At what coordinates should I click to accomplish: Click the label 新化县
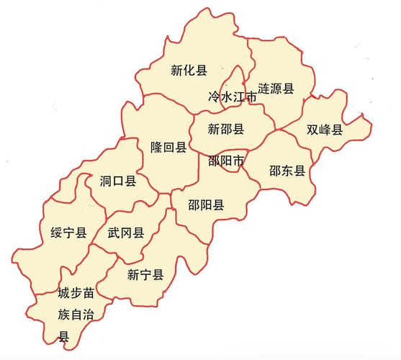click(189, 71)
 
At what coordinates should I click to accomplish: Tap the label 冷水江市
click(233, 96)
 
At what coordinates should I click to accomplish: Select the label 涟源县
click(276, 89)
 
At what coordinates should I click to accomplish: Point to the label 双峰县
click(325, 130)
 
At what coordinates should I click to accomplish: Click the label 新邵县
click(226, 130)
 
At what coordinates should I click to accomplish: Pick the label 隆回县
click(168, 148)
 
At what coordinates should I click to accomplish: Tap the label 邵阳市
click(225, 161)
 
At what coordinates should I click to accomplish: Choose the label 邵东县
click(287, 171)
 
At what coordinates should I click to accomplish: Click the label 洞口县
click(118, 181)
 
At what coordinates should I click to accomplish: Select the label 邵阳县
click(206, 204)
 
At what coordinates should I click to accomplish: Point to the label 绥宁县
click(69, 232)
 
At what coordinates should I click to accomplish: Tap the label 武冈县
click(126, 233)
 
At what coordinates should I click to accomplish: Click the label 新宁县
click(145, 274)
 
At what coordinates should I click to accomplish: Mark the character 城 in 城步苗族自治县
click(64, 294)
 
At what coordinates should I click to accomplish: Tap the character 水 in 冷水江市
click(226, 96)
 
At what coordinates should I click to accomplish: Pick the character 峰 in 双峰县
click(325, 130)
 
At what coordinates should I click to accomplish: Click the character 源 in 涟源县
click(276, 89)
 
